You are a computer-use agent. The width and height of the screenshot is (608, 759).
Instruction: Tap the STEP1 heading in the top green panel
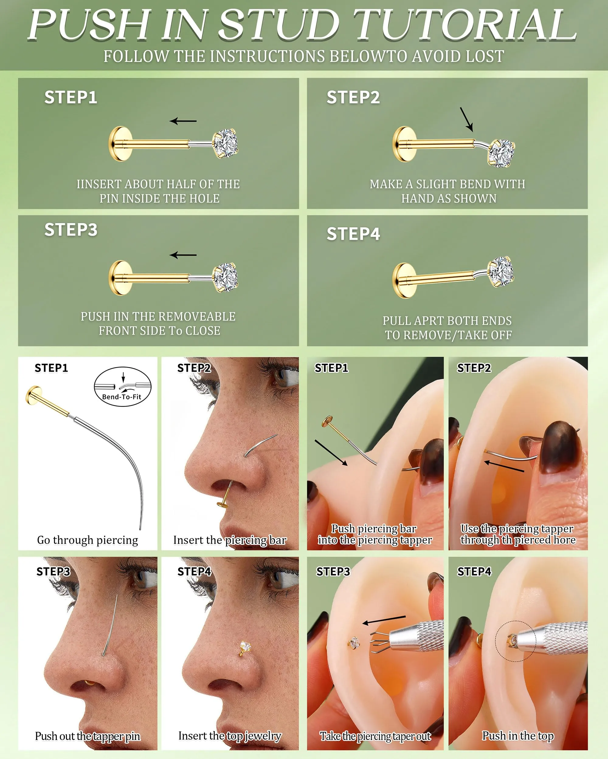71,97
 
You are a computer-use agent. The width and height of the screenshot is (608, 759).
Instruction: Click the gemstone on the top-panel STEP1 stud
226,143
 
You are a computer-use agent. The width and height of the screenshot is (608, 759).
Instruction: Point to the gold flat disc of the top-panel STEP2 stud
404,144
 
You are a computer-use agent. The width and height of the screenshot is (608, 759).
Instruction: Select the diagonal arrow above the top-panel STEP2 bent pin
466,119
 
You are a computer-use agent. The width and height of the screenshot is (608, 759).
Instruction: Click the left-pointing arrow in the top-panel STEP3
183,255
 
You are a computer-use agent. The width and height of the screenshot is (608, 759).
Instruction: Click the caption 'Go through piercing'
88,540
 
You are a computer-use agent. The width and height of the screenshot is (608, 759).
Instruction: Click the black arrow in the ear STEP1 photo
331,453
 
